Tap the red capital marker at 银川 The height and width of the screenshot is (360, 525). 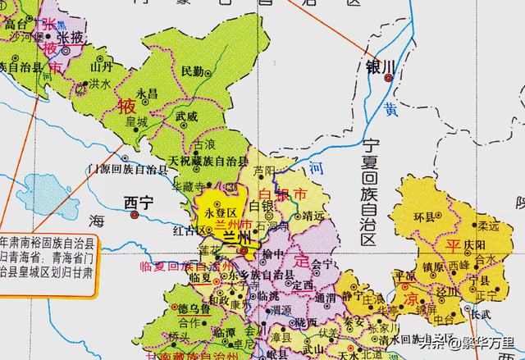pyautogui.click(x=388, y=79)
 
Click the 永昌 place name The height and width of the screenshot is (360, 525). pyautogui.click(x=147, y=93)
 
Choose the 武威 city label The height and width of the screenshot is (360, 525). pyautogui.click(x=186, y=116)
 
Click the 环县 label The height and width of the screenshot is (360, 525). pyautogui.click(x=426, y=217)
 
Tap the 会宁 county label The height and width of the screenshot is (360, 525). pyautogui.click(x=323, y=264)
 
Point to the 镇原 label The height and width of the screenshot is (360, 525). pyautogui.click(x=434, y=267)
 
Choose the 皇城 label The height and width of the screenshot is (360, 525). pyautogui.click(x=136, y=121)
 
